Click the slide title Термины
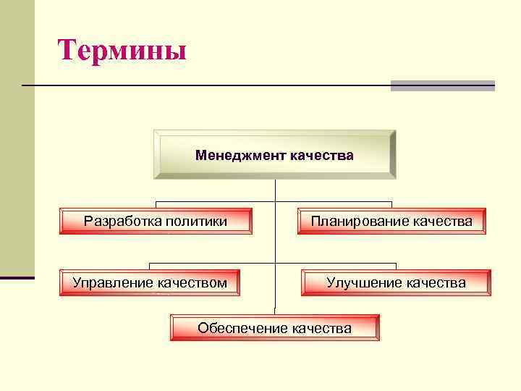(122, 51)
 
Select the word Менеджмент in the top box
(240, 155)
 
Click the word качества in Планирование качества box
(443, 221)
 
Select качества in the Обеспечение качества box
(321, 328)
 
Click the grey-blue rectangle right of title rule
(442, 85)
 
